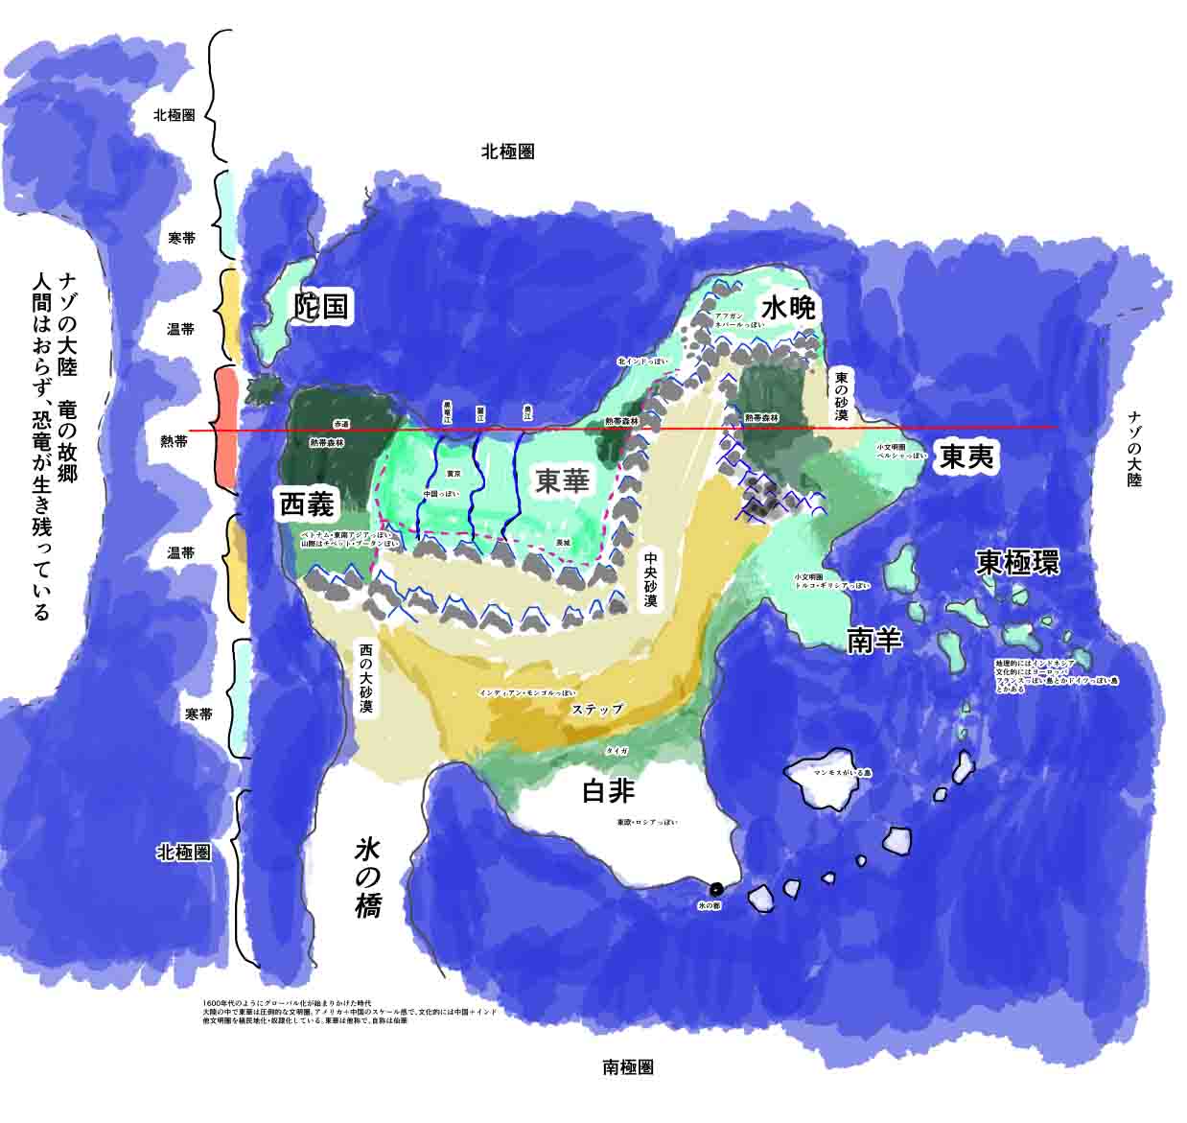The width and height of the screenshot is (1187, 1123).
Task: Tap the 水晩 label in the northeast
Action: [x=788, y=308]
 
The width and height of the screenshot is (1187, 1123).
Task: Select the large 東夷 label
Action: [x=968, y=457]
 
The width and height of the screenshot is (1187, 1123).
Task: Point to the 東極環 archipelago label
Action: [x=1018, y=562]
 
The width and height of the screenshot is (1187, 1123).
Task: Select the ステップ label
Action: [x=597, y=710]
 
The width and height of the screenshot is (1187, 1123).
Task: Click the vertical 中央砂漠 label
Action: [x=650, y=579]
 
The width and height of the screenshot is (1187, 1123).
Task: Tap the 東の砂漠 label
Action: [x=841, y=397]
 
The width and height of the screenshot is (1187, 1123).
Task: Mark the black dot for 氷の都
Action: [x=716, y=887]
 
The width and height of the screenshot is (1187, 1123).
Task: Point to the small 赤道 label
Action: [x=341, y=423]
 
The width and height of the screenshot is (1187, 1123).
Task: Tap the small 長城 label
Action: [x=564, y=543]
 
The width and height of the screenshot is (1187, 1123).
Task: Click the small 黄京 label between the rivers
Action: [x=455, y=474]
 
